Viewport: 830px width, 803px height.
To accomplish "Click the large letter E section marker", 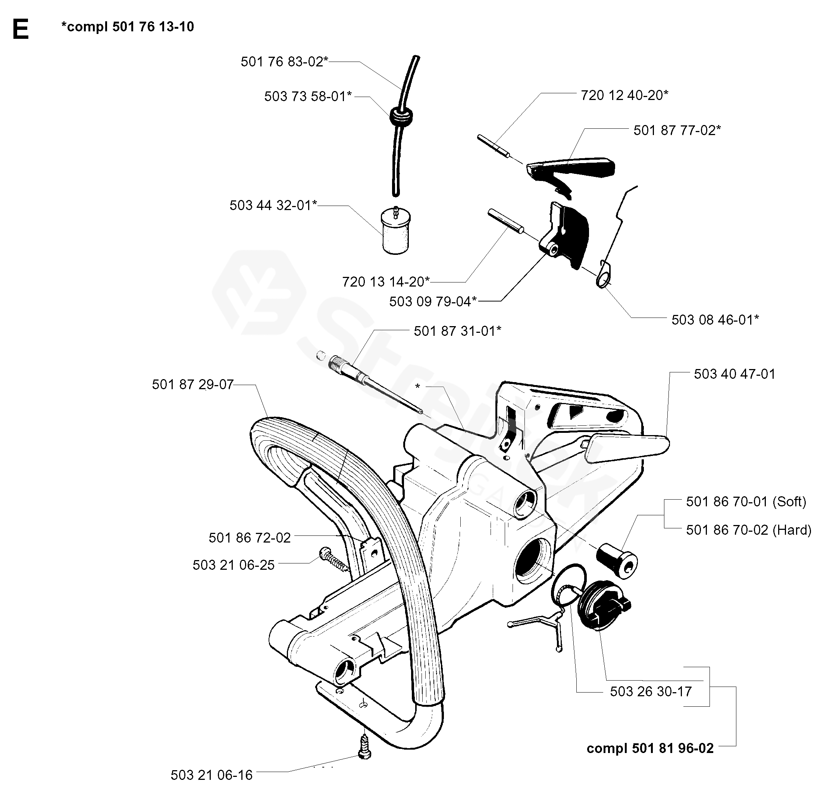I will coord(20,29).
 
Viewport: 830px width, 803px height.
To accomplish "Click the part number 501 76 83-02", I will coord(284,62).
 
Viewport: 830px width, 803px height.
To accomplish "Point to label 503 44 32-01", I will coord(273,205).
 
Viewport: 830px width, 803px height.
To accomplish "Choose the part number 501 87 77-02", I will coord(677,130).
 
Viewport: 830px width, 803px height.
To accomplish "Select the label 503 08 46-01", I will coord(715,319).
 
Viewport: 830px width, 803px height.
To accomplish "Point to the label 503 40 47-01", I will coord(734,374).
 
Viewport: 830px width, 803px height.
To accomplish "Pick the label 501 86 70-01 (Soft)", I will coord(746,502).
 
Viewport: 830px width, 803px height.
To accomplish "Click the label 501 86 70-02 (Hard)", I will coord(748,530).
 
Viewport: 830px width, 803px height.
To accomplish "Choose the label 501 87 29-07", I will coord(193,385).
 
